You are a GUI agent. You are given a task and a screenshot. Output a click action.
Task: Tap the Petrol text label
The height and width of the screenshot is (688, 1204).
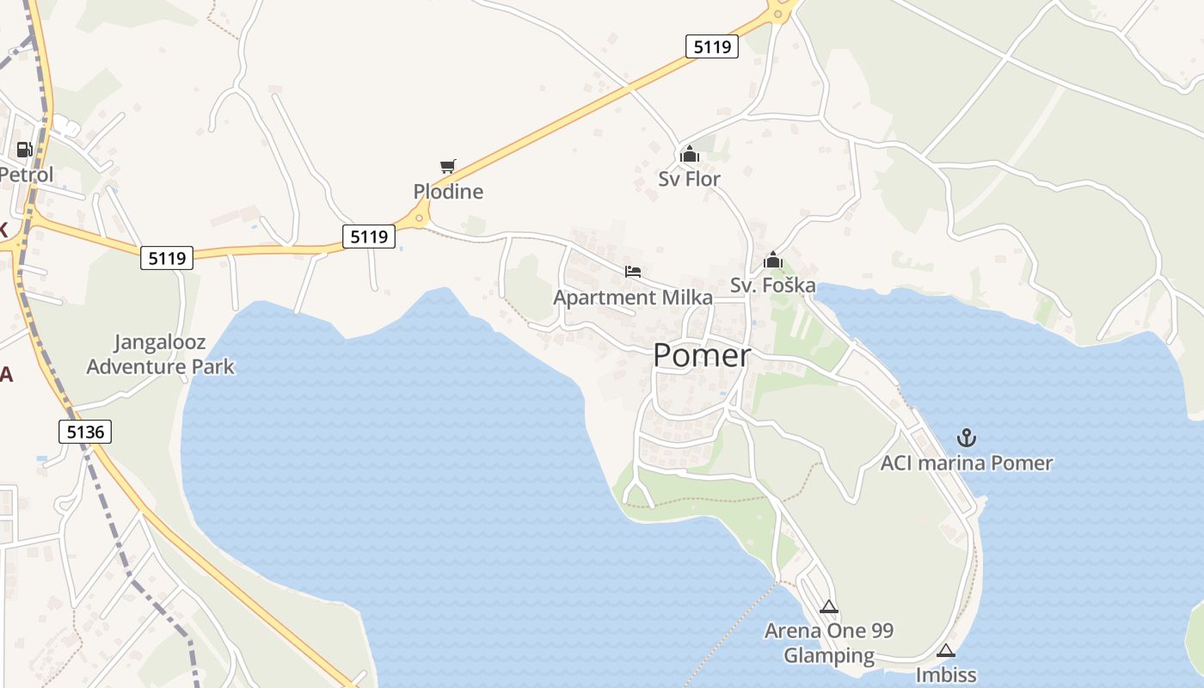[26, 175]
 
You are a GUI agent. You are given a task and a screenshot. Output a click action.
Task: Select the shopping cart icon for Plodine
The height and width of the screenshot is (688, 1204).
[447, 166]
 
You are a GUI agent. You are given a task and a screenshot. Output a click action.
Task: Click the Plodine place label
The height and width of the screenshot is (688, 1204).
[448, 191]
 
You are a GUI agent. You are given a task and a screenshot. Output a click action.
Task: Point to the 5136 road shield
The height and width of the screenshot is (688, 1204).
[85, 432]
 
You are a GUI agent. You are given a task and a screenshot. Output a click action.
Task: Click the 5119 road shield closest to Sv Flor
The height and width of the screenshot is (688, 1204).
[712, 46]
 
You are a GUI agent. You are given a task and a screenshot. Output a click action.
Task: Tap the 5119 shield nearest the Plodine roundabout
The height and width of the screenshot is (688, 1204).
[369, 236]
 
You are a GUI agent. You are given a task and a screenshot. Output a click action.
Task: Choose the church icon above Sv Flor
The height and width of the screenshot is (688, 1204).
[689, 155]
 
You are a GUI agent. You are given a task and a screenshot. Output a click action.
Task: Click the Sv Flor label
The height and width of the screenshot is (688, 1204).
[689, 179]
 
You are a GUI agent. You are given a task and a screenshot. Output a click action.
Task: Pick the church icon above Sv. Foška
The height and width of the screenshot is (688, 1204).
[772, 260]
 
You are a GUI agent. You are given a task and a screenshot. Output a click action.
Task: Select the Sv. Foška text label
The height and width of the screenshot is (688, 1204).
[772, 285]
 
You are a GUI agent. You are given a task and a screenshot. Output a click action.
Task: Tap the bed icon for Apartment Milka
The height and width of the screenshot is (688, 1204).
[633, 273]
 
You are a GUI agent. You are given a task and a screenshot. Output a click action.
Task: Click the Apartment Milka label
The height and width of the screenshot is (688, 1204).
[633, 298]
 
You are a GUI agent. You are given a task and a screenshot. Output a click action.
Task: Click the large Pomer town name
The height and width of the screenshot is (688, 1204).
[702, 355]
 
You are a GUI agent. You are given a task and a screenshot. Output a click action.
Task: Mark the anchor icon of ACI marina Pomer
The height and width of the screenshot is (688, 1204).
[967, 439]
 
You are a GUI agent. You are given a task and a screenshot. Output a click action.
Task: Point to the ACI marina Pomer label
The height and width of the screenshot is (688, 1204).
[967, 463]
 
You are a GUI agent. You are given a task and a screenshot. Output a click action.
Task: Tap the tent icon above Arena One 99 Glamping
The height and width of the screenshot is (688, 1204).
[828, 606]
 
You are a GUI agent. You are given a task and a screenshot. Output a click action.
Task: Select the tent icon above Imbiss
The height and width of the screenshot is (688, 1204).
[946, 650]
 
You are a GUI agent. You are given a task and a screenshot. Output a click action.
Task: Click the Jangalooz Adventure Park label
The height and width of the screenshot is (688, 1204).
[160, 354]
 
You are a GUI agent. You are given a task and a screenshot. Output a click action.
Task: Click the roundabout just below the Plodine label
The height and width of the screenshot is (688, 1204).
[419, 218]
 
